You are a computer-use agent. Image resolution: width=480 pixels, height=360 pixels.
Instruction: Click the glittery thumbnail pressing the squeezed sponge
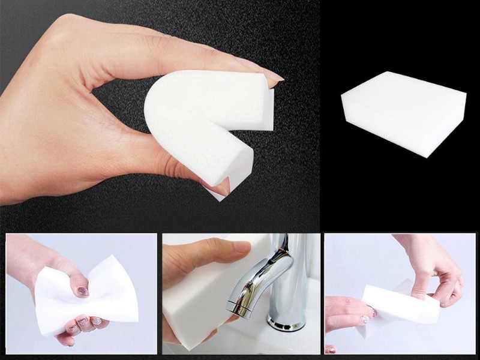click(x=82, y=292)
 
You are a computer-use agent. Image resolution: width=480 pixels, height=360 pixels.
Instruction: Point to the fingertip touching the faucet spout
click(x=240, y=247)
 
